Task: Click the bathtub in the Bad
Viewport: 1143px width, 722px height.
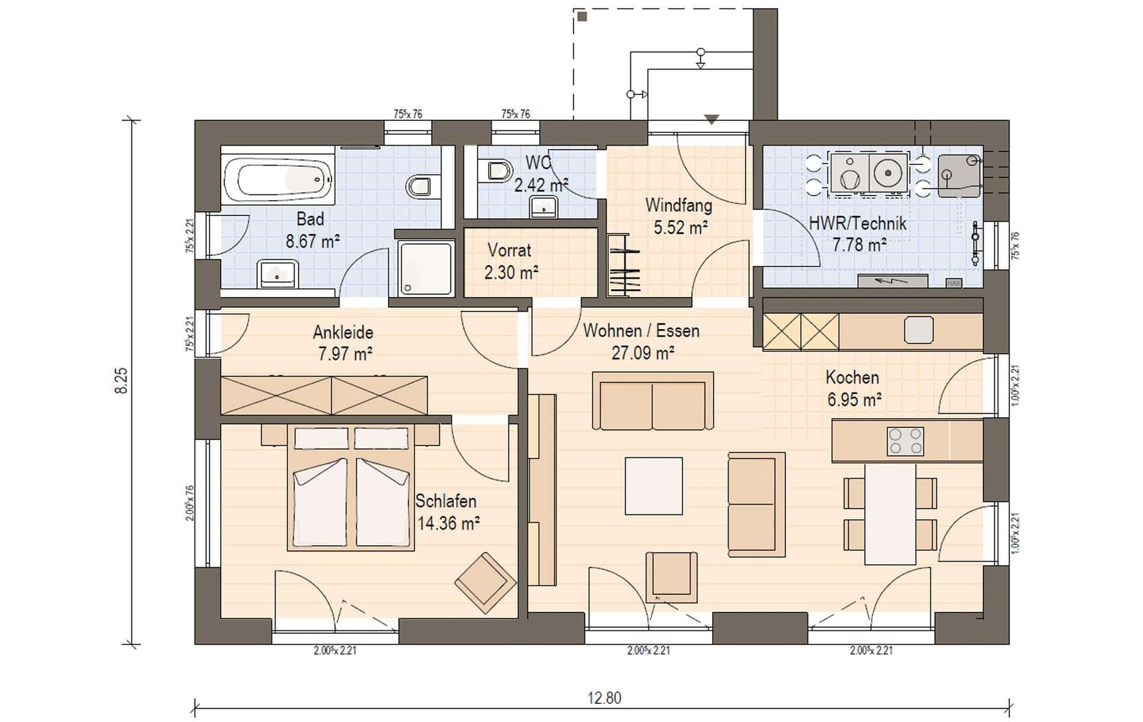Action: tap(278, 177)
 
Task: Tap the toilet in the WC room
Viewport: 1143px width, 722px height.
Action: tap(495, 172)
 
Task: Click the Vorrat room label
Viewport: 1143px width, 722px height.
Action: tap(510, 251)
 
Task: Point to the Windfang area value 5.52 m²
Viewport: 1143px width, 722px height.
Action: tap(680, 227)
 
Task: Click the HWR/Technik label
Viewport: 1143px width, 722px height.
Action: tap(857, 223)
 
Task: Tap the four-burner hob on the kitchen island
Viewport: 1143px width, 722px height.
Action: tap(905, 441)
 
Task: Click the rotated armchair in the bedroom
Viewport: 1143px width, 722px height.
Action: tap(486, 582)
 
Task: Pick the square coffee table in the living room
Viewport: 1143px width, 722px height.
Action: tap(653, 485)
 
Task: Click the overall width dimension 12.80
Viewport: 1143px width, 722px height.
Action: tap(604, 698)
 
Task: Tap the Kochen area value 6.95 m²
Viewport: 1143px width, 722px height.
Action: tap(855, 400)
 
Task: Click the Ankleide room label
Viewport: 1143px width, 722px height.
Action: tap(343, 332)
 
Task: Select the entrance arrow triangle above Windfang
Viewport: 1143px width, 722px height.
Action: tap(712, 120)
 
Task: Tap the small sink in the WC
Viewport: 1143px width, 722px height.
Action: tap(544, 207)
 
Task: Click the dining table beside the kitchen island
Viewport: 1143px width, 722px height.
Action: tap(890, 514)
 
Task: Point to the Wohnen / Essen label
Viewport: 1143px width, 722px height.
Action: tap(641, 330)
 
